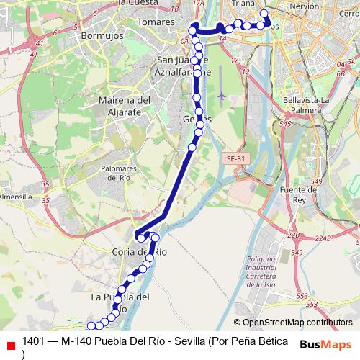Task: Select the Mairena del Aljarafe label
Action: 123,105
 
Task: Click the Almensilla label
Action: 16,196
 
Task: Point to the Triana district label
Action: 244,4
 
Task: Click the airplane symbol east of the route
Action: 221,95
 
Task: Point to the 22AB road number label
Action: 322,237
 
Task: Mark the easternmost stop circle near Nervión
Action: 264,14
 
